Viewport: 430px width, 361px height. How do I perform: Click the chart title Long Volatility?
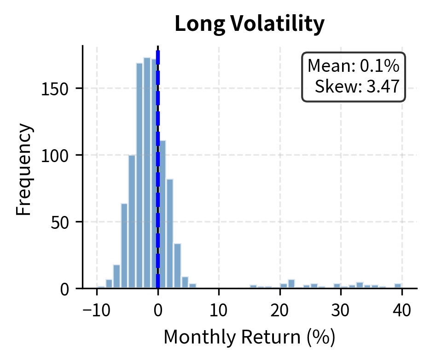pos(250,24)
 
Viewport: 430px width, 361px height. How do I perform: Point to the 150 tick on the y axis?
pos(58,88)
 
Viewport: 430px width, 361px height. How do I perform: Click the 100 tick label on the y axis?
pos(58,155)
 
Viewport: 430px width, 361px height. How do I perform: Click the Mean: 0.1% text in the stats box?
pos(354,67)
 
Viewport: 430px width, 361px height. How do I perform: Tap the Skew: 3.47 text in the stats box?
pos(357,87)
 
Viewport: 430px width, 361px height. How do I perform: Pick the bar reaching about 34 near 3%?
pos(177,266)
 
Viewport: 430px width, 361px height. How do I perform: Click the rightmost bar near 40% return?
pos(398,286)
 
